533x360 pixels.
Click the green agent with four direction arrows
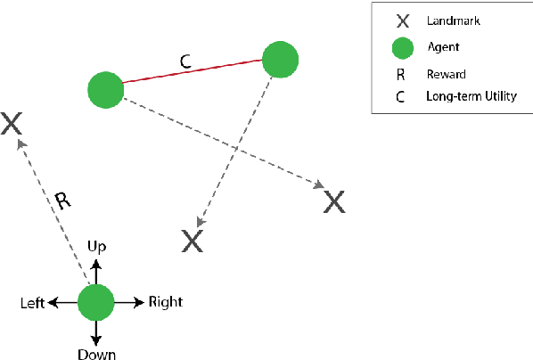pos(96,303)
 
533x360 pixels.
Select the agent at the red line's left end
pos(106,90)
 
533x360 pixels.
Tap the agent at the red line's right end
pos(280,59)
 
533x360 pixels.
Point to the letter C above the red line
pos(185,61)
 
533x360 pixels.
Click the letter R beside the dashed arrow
pos(61,200)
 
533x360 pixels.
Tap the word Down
pos(96,353)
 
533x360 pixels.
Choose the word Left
pos(33,303)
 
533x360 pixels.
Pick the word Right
pos(165,302)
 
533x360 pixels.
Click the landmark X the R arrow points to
pos(12,123)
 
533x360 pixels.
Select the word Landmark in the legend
pos(454,19)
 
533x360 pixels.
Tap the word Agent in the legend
pos(445,45)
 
